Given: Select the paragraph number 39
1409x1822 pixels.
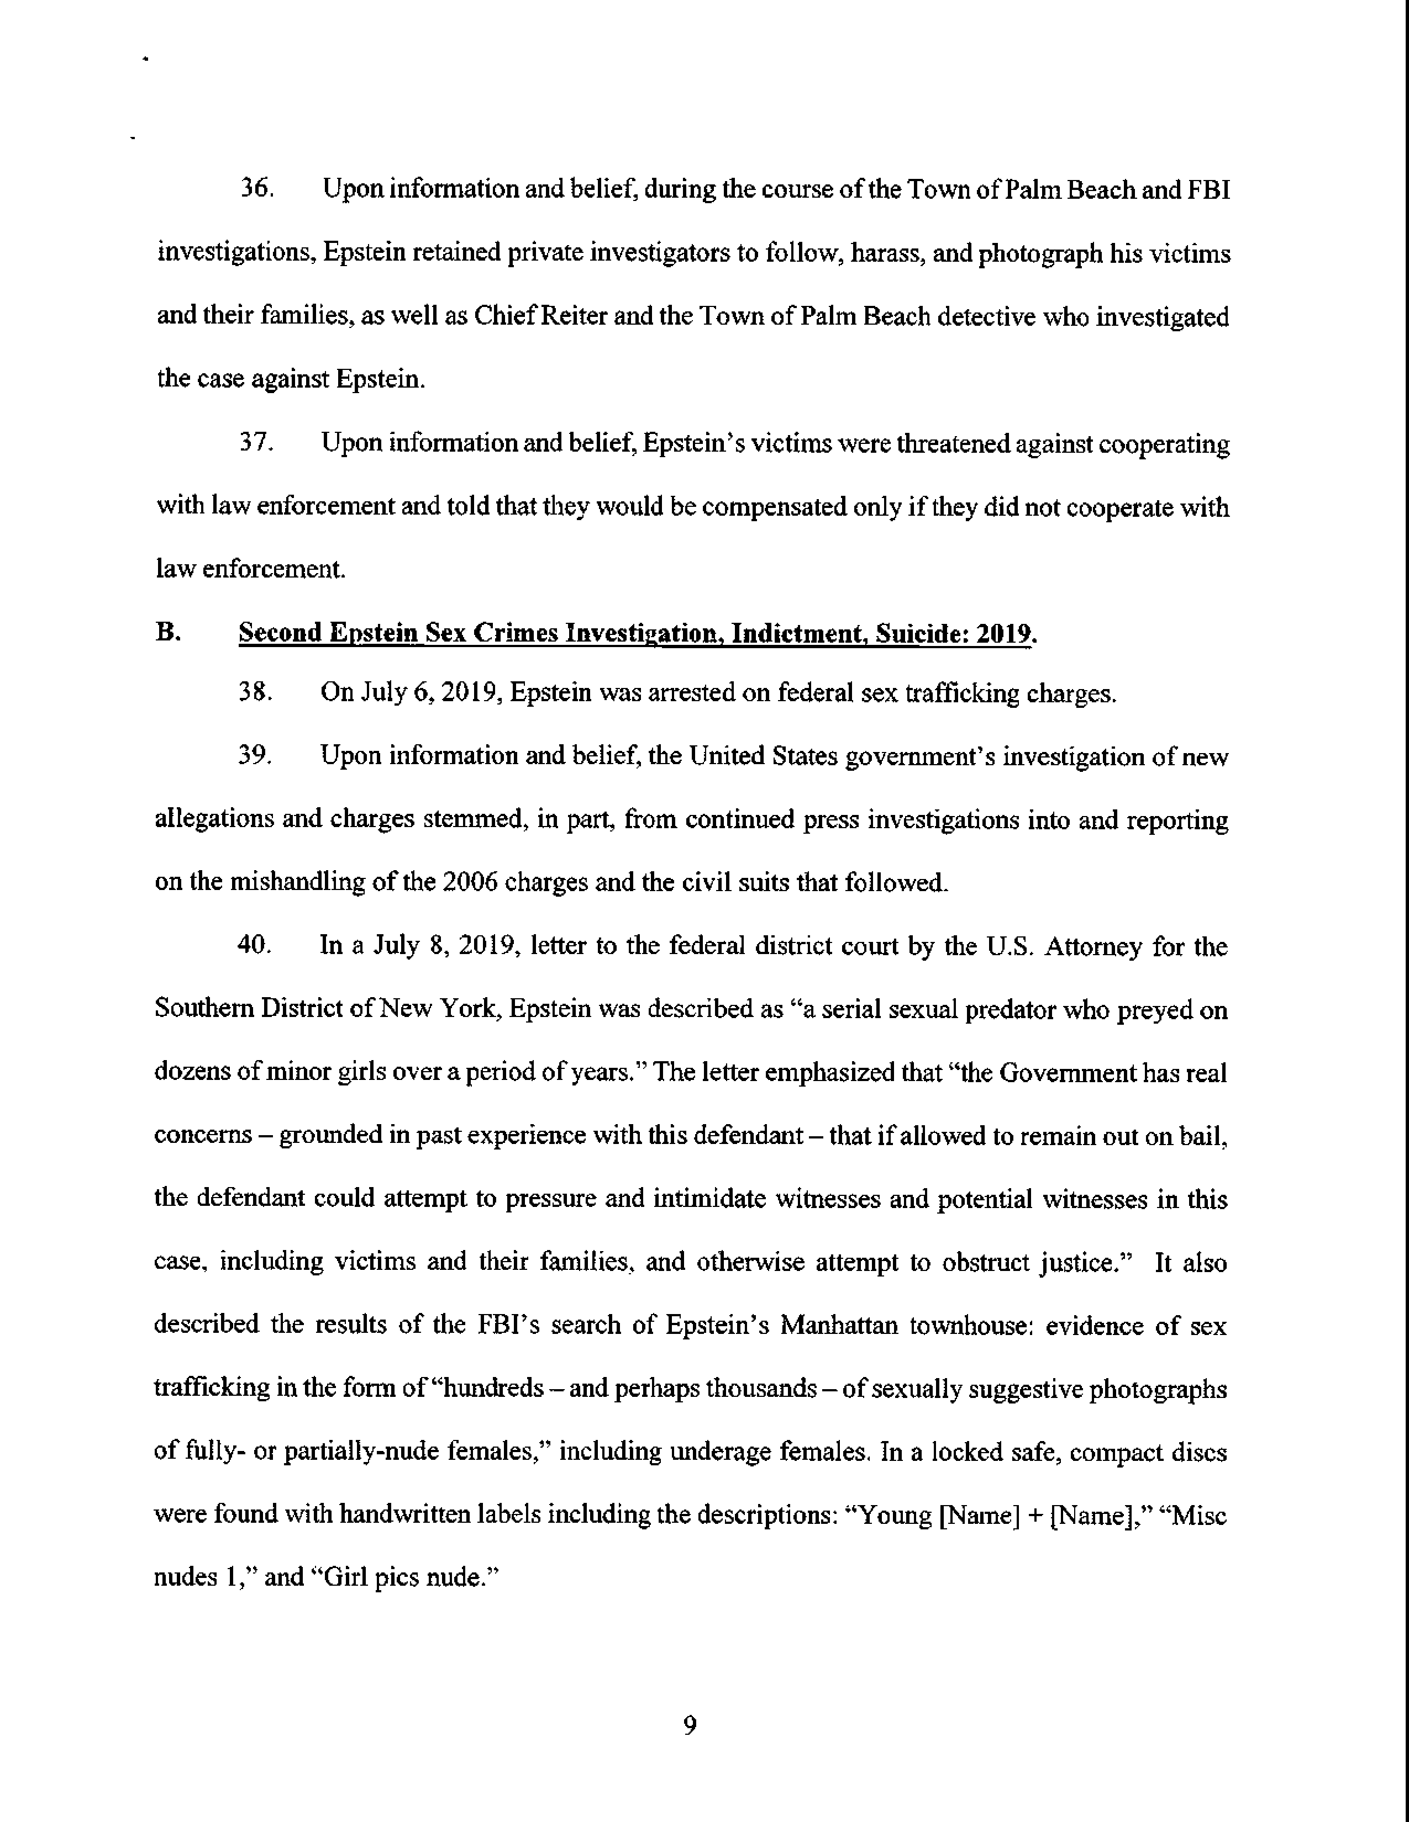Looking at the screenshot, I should [255, 756].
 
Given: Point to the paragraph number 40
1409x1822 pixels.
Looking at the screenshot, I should [255, 945].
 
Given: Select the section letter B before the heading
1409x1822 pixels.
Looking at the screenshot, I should [167, 632].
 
